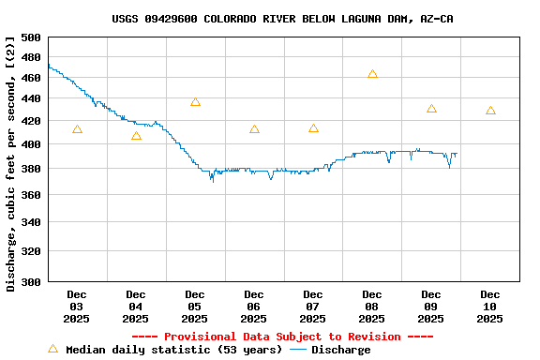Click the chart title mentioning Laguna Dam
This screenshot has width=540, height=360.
(282, 19)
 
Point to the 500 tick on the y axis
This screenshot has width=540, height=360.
(31, 37)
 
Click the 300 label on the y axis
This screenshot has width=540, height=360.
(31, 281)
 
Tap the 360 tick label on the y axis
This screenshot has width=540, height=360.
(31, 195)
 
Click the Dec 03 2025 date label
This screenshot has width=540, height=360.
(77, 307)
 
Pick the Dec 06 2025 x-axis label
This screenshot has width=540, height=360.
(254, 307)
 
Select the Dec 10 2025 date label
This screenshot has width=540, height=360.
(489, 307)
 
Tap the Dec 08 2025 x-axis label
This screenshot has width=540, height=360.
(372, 307)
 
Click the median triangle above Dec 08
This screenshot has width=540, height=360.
(372, 74)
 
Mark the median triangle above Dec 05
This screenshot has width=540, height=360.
(195, 102)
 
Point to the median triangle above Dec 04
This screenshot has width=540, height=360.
(136, 136)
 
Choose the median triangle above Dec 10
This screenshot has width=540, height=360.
(490, 111)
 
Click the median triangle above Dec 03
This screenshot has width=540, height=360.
(77, 129)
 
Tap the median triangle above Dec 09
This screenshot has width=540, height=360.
(431, 109)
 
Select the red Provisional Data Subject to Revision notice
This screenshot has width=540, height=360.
(282, 337)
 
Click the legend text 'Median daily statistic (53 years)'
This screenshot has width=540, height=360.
(172, 350)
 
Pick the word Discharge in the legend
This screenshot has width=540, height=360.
(340, 350)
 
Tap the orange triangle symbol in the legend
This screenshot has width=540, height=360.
(52, 349)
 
